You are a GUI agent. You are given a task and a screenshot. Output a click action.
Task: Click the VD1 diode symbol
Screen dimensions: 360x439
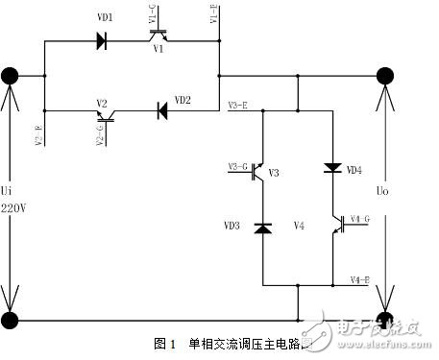coord(101,40)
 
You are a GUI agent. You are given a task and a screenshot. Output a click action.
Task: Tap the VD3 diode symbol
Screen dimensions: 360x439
coord(262,228)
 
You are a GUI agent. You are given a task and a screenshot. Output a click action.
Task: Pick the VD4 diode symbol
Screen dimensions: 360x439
coord(333,167)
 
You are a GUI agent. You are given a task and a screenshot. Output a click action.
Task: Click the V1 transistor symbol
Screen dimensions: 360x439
coord(159,36)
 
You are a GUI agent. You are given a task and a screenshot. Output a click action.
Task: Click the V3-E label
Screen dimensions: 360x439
coord(240,104)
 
